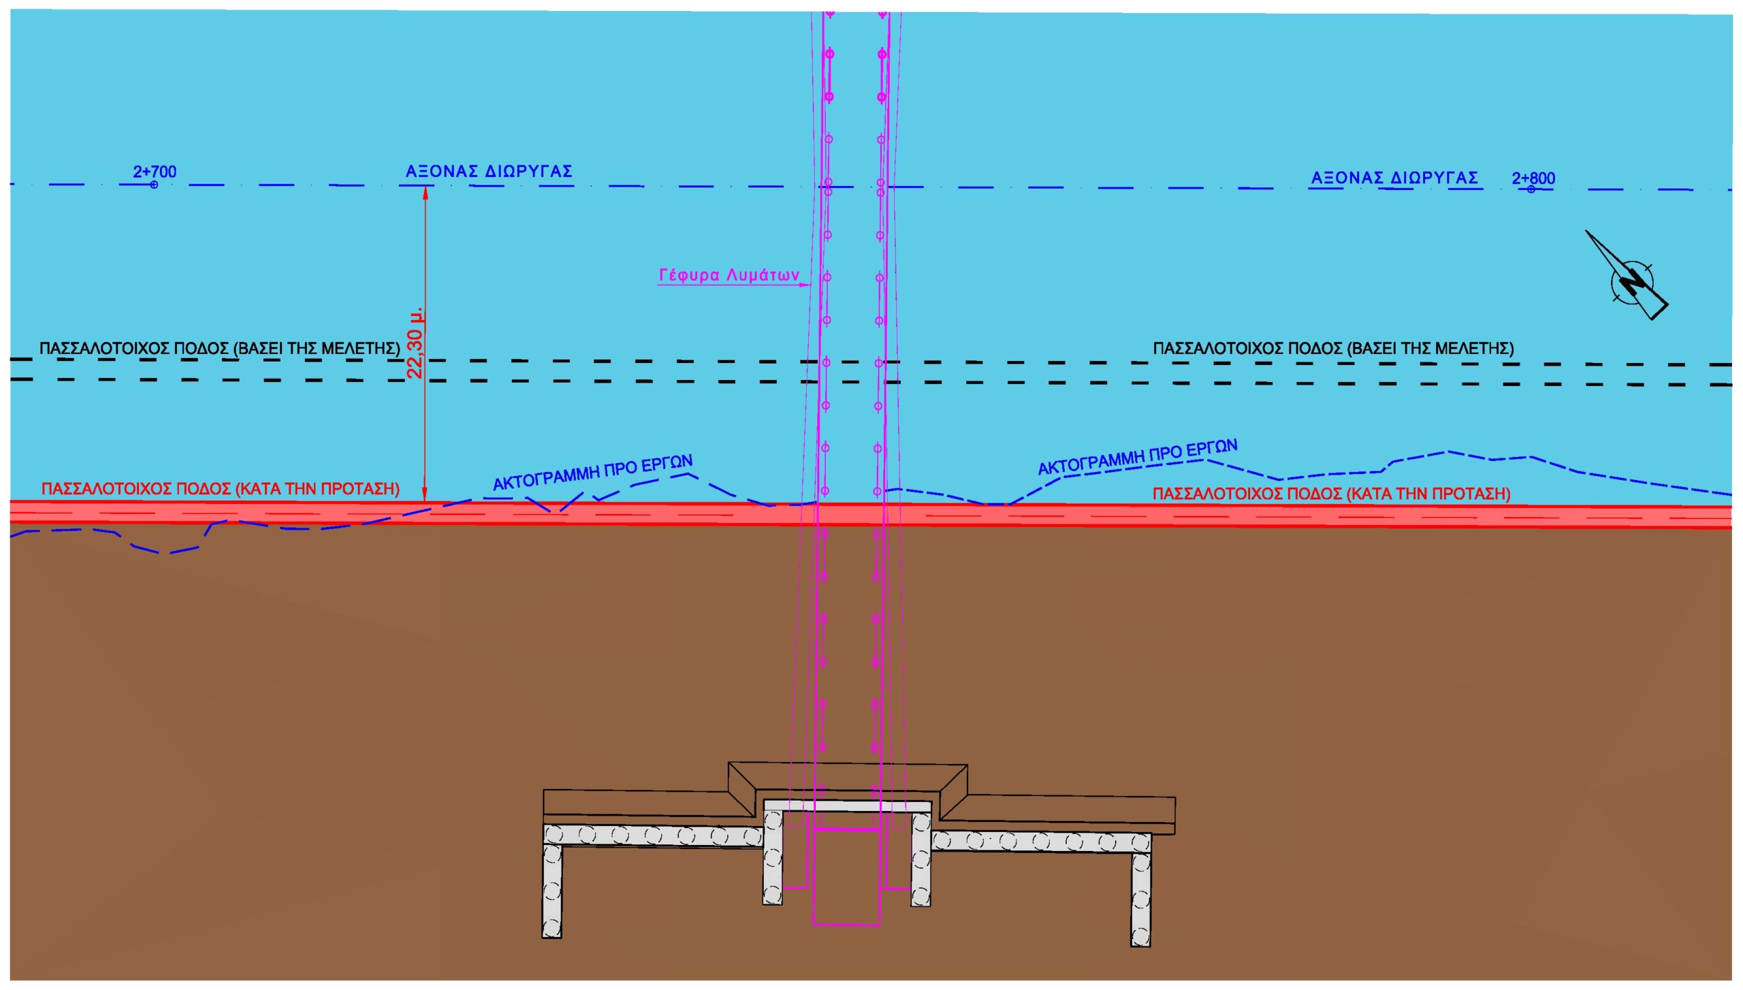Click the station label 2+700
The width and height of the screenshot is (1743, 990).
[x=155, y=171]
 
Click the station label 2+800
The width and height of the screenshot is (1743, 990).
[x=1533, y=178]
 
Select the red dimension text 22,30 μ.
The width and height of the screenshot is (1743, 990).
[x=415, y=342]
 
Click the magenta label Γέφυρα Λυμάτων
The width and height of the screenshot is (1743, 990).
[x=729, y=275]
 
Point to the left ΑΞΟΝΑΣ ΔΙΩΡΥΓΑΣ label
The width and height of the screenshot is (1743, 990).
[x=489, y=171]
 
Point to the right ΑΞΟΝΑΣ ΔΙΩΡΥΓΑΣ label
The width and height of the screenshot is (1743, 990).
[x=1394, y=178]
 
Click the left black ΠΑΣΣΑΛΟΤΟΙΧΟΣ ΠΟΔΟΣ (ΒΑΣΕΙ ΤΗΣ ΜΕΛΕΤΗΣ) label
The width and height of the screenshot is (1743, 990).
[x=219, y=348]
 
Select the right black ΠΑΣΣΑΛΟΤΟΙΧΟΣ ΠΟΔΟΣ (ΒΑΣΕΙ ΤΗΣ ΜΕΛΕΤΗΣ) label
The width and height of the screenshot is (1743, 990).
[x=1333, y=348]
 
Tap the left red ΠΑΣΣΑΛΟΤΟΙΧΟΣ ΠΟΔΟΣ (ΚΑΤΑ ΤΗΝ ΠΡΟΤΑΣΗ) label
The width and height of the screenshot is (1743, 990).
[x=221, y=489]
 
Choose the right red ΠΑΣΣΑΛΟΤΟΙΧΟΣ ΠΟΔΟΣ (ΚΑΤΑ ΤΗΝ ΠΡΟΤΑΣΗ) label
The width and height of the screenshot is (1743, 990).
[x=1331, y=494]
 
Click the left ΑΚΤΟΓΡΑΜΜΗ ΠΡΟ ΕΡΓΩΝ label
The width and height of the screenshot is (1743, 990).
[x=592, y=473]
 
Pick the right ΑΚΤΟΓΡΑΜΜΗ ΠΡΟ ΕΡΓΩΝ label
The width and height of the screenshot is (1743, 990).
[x=1137, y=457]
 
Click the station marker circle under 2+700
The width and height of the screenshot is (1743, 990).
[x=154, y=185]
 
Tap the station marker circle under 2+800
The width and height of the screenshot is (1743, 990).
[x=1531, y=189]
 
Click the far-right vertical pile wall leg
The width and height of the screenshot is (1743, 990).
[x=1140, y=899]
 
